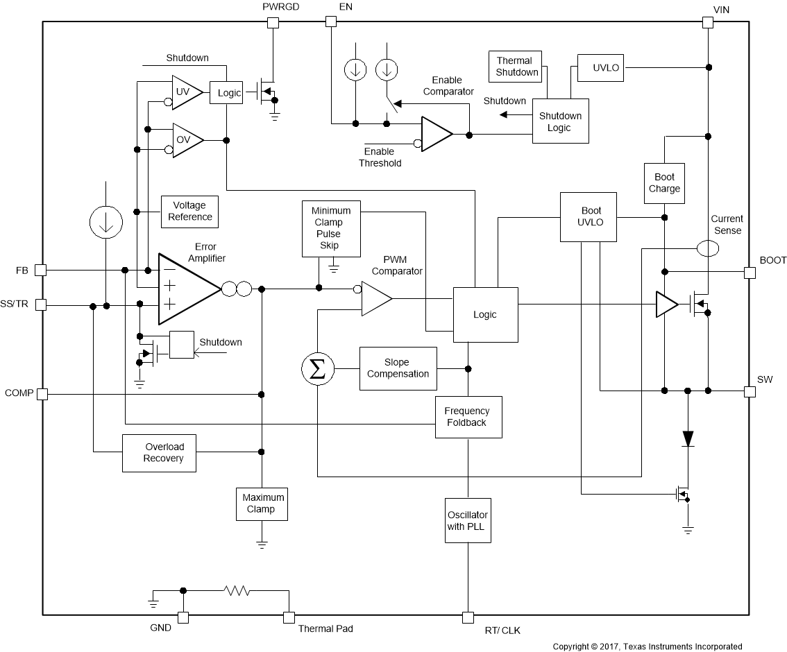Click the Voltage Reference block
pyautogui.click(x=189, y=212)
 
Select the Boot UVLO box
pyautogui.click(x=589, y=217)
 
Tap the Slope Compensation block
pyautogui.click(x=398, y=368)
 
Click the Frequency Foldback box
pyautogui.click(x=468, y=417)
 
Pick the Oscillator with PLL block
pyautogui.click(x=468, y=521)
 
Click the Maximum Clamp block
pyautogui.click(x=262, y=504)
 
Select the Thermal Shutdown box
pyautogui.click(x=516, y=67)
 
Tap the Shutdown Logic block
pyautogui.click(x=560, y=122)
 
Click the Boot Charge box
pyautogui.click(x=664, y=183)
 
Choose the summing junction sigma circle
pyautogui.click(x=317, y=370)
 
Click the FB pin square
pyautogui.click(x=41, y=270)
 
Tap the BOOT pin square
pyautogui.click(x=749, y=273)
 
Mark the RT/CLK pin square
pyautogui.click(x=468, y=617)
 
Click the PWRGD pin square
pyautogui.click(x=273, y=22)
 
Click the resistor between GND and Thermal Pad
pyautogui.click(x=237, y=591)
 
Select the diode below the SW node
pyautogui.click(x=688, y=438)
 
